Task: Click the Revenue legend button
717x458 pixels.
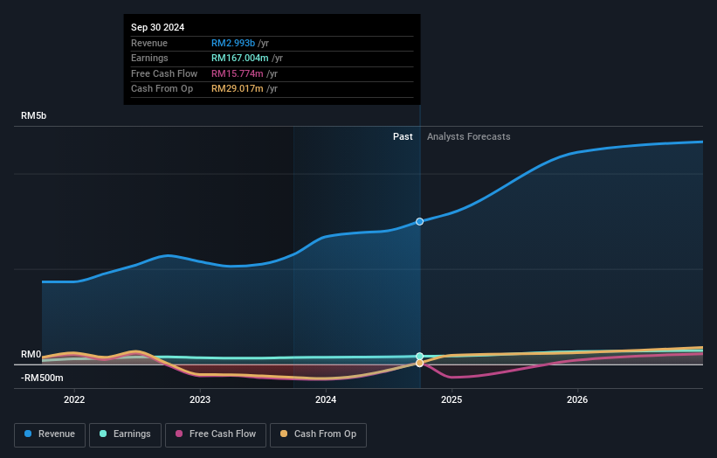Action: click(x=50, y=434)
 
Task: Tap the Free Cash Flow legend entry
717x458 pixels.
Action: click(x=215, y=434)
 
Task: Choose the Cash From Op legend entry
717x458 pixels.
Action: click(x=319, y=434)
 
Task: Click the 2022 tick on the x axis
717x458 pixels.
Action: click(x=74, y=399)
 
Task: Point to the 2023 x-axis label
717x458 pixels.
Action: click(x=200, y=399)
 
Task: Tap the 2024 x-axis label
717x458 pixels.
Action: click(x=326, y=399)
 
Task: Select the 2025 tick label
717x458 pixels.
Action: click(x=452, y=399)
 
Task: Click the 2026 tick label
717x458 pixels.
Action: click(x=577, y=399)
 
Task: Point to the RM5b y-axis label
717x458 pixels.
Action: click(x=35, y=115)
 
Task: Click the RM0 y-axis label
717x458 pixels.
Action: click(x=31, y=354)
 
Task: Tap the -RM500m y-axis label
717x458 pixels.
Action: click(x=42, y=378)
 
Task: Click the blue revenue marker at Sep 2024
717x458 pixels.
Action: click(x=420, y=221)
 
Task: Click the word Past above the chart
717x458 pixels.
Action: click(x=403, y=136)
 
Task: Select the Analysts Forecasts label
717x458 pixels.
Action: click(x=468, y=136)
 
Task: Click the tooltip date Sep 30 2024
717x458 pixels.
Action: click(x=158, y=28)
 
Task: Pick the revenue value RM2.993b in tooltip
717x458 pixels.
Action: click(x=233, y=43)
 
